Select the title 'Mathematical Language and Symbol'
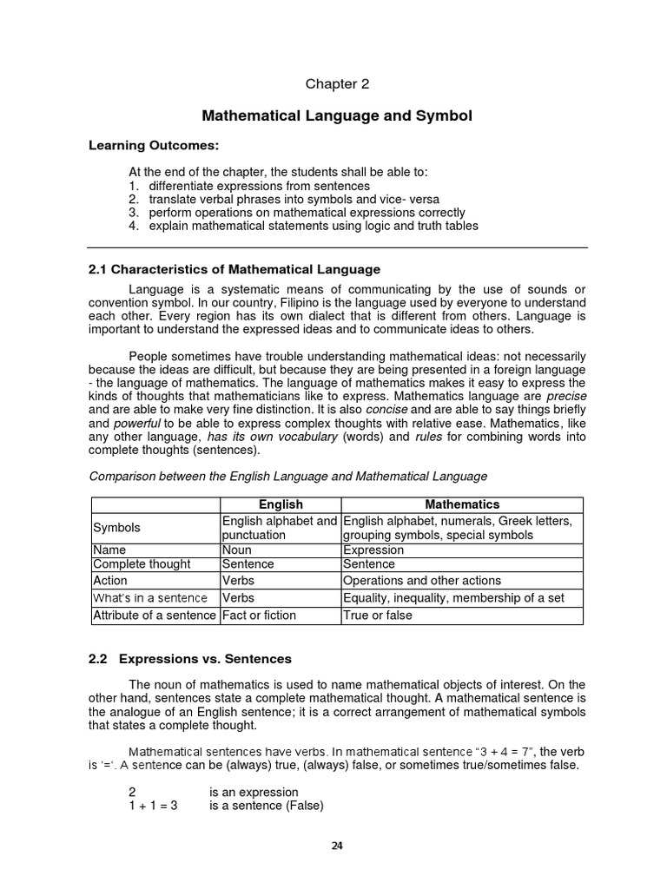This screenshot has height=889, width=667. coord(337,115)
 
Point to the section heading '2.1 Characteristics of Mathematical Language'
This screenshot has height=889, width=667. coord(234,270)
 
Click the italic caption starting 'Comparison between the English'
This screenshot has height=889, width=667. coord(288,476)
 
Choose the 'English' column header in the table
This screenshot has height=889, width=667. coord(281,504)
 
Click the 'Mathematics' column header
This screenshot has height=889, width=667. coord(461,504)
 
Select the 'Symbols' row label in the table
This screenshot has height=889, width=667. coord(116,528)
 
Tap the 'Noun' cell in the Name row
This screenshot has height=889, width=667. coord(237,550)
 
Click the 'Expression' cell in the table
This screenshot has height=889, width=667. coord(374,550)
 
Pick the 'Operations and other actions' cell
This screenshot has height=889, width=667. coord(422,581)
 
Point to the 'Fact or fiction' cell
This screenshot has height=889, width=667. coord(260,616)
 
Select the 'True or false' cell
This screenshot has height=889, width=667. coord(378,616)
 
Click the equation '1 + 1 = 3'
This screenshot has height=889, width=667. coord(153,806)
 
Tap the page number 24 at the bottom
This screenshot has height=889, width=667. coord(337,848)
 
